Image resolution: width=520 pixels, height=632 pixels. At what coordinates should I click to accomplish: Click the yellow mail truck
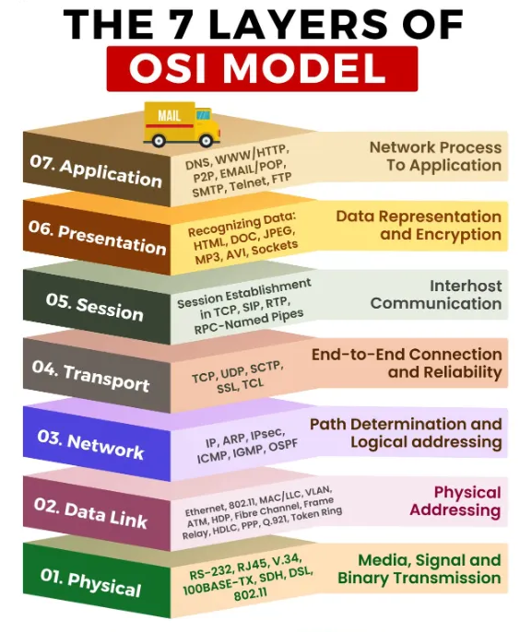pos(182,124)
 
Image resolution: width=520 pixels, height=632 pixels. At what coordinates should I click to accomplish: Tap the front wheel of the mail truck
pos(206,141)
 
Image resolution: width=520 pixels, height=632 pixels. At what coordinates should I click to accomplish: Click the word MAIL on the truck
pos(169,116)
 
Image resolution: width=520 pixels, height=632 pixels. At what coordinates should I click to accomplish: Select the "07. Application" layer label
pos(96,172)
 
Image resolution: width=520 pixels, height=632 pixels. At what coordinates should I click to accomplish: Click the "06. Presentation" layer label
pos(97,238)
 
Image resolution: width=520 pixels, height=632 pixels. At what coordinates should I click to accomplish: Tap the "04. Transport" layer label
pos(90,377)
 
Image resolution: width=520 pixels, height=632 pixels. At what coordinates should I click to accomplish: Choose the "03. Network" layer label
pos(90,445)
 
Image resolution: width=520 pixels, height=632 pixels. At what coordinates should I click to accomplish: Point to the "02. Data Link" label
pos(90,513)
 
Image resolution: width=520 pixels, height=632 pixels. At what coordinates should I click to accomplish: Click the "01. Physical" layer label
pos(90,582)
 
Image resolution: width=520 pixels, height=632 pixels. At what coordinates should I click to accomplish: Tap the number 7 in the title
pos(184,24)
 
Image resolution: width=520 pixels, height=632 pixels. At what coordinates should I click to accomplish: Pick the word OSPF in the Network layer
pos(283,446)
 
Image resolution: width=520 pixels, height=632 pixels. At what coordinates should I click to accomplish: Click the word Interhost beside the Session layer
pos(466,286)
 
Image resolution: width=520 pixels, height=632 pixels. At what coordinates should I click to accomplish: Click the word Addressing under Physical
pos(455,510)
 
